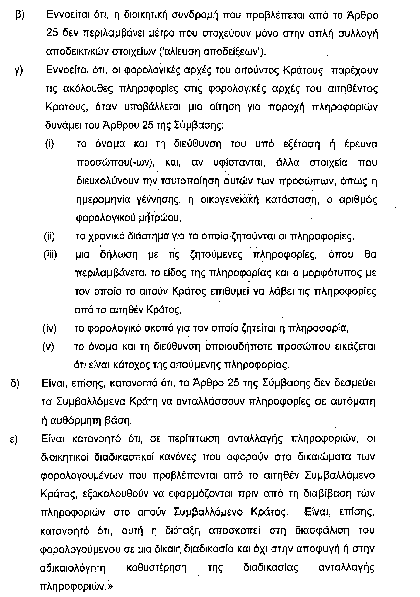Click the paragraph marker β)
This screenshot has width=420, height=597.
tap(20, 15)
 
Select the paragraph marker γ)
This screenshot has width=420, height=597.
tap(18, 71)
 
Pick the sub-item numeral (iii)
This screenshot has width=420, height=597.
tap(50, 254)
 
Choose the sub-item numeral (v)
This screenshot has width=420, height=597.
tap(48, 347)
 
